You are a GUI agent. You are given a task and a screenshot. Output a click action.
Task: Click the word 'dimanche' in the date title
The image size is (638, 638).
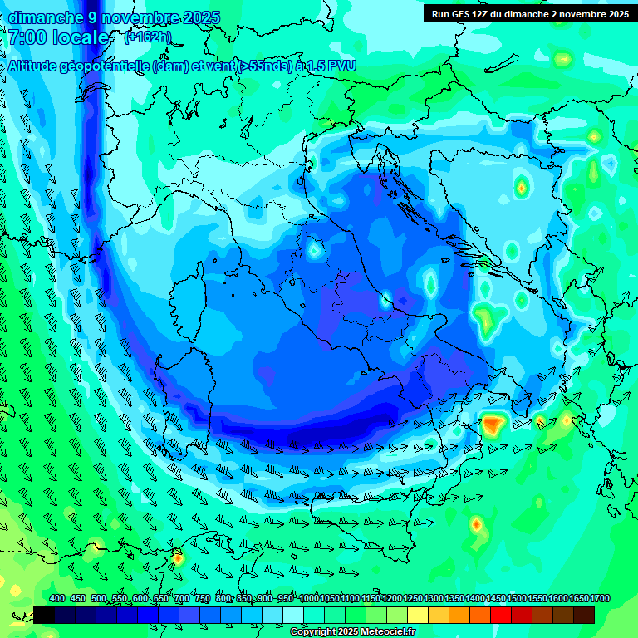coord(42,17)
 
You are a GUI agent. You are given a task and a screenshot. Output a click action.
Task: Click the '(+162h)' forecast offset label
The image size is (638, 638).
coord(147,37)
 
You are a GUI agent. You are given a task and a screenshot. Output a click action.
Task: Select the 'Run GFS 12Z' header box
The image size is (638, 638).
coord(530,13)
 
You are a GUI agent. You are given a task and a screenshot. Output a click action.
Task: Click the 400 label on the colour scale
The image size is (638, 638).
coord(57,598)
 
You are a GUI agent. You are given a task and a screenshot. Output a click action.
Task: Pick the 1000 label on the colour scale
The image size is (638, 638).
coord(310,598)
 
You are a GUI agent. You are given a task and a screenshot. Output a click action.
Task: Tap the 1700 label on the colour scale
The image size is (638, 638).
coord(579,598)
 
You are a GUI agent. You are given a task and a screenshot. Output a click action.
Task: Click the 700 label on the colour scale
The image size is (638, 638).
coord(182,598)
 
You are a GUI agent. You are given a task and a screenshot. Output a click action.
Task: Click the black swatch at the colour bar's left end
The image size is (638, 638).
coord(44,615)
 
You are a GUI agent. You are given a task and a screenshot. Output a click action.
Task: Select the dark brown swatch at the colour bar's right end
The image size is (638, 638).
coord(584,615)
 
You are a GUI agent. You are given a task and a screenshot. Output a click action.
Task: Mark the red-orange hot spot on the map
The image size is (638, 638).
coord(493,425)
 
